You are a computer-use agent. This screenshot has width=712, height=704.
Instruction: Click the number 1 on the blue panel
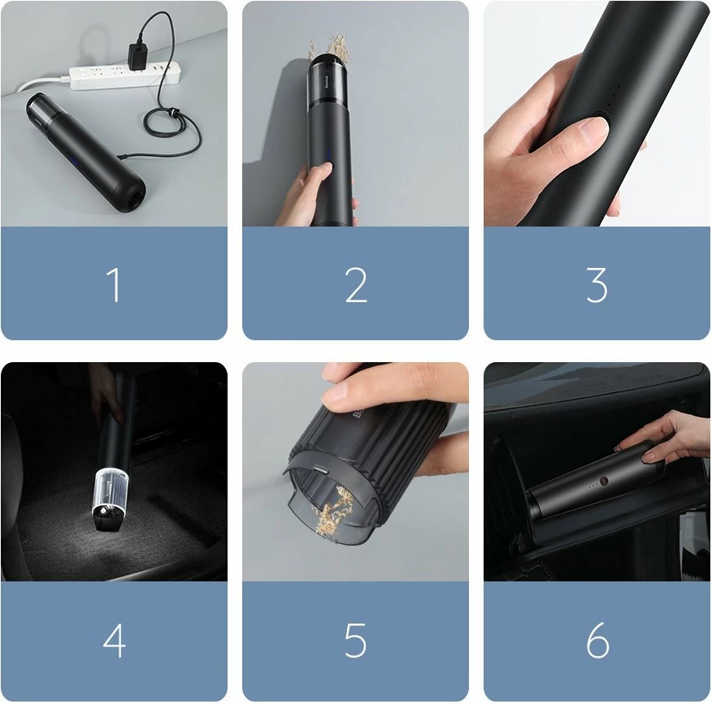pos(114,285)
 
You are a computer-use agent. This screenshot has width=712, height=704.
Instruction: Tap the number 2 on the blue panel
pos(356,285)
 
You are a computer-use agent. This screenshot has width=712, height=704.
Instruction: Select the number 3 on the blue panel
pos(597,285)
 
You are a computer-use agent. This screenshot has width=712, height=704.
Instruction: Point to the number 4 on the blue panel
pos(114,641)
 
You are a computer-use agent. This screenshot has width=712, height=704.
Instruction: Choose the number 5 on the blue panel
pos(355,641)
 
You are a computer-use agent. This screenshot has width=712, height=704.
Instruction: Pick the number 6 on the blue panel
pos(597,641)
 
